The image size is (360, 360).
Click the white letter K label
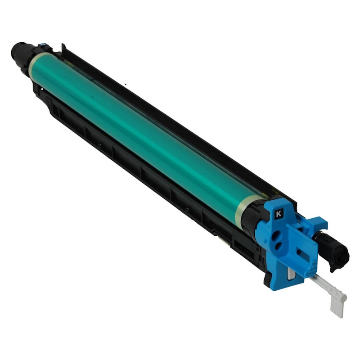pos(279,214)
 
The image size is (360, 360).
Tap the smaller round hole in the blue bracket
pos(279,247)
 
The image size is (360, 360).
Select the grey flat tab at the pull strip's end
pos(337,307)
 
